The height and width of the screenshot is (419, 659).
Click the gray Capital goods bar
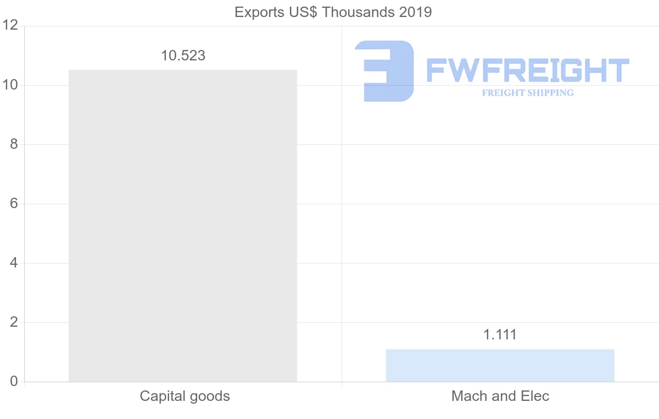(183, 225)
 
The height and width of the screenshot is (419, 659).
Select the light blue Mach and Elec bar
(500, 365)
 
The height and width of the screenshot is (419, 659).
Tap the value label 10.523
(183, 55)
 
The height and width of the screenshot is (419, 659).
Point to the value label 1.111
(500, 334)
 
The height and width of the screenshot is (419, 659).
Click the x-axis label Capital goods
(185, 396)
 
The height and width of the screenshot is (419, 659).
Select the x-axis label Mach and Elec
(500, 396)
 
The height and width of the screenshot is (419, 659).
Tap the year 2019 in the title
(415, 12)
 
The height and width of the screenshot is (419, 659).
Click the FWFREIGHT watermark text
(527, 71)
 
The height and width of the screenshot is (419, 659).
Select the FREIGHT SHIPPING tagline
(527, 93)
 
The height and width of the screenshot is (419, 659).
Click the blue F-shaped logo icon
(384, 71)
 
